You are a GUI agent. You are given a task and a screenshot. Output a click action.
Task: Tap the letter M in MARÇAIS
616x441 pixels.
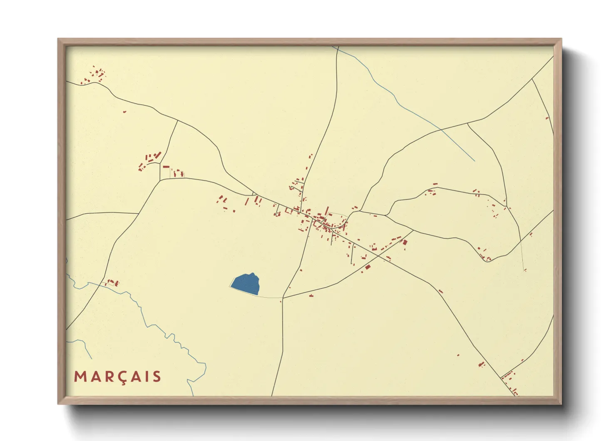(x=80, y=376)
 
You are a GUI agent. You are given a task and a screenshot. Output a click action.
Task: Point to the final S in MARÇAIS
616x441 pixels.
(x=156, y=376)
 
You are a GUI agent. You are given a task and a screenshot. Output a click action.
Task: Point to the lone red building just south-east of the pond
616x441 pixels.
(x=311, y=296)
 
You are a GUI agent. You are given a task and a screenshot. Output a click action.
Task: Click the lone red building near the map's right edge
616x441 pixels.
(x=547, y=118)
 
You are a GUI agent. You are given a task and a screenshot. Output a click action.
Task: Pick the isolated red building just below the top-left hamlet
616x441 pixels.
(x=124, y=112)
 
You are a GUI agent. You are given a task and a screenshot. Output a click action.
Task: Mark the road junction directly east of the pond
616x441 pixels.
(x=283, y=298)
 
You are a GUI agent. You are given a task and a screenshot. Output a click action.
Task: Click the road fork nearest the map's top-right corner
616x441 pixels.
(x=532, y=79)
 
